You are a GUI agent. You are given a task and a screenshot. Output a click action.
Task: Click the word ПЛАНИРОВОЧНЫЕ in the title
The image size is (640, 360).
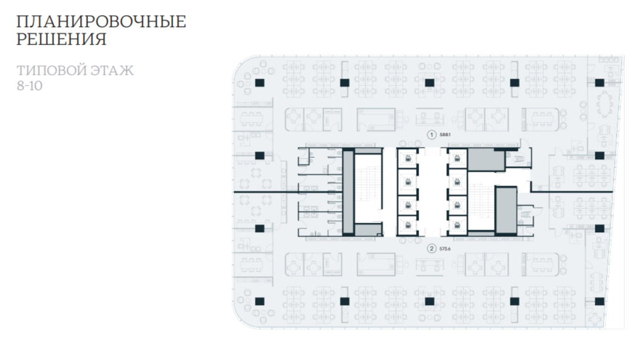pos(101,21)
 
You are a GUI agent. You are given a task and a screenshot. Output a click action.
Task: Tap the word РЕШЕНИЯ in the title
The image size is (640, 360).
pos(60,40)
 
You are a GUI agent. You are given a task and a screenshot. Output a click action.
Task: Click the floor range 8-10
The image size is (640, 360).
pos(30,86)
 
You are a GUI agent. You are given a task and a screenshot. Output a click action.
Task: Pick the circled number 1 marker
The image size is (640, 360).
pos(431,134)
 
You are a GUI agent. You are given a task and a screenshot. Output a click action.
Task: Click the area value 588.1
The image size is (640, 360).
pos(446,134)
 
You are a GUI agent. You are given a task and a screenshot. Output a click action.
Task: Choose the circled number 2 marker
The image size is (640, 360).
pos(431,248)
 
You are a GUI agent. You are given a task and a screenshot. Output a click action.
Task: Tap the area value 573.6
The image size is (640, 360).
pos(446,248)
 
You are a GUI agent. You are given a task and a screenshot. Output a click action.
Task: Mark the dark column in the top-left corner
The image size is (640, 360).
pos(259,82)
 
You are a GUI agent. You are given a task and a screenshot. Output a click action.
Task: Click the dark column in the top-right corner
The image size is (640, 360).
pos(599,82)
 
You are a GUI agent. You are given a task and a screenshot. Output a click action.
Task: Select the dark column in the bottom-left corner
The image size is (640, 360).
pos(259,301)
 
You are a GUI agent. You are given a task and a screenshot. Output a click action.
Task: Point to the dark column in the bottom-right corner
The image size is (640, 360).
pos(599,301)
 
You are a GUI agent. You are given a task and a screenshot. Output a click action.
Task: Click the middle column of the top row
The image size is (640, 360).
pos(429,82)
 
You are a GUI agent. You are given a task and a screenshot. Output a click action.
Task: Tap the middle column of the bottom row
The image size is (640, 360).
pos(429,301)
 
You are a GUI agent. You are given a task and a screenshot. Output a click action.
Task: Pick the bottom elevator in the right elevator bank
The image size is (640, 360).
pos(457,225)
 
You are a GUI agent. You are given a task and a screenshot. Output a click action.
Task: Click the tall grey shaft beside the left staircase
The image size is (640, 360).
pos(347,193)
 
